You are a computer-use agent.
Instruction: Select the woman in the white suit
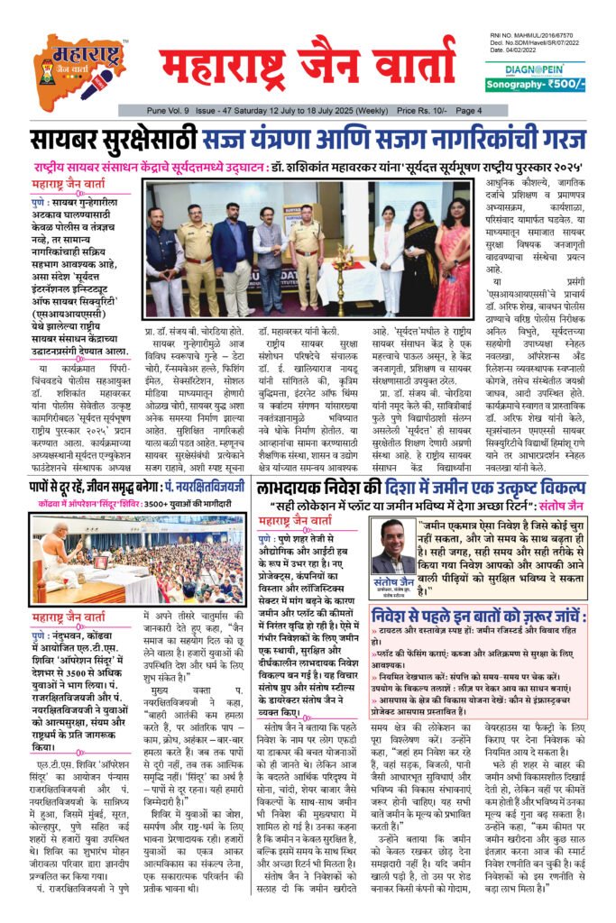389,258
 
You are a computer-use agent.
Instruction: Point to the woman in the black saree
419,258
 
